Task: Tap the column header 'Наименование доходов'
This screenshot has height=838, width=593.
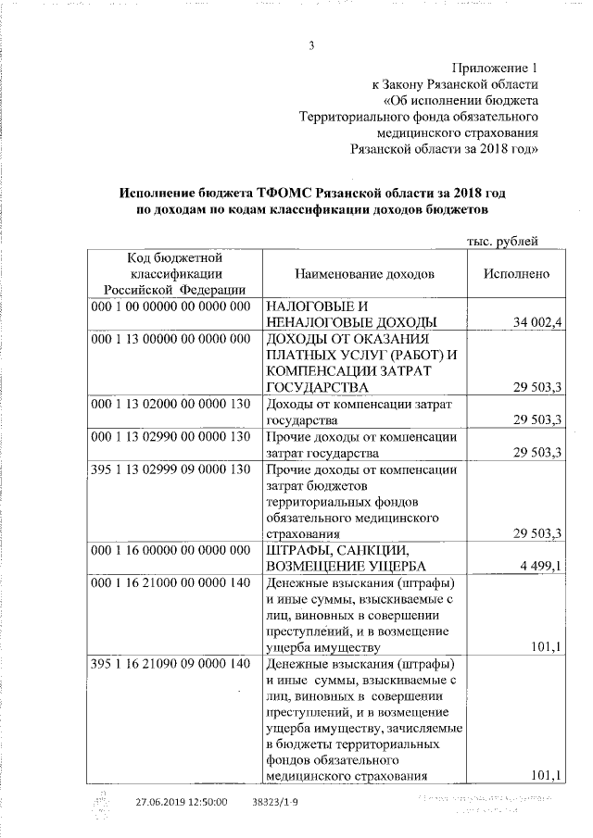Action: tap(364, 275)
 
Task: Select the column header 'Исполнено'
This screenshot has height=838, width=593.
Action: tap(516, 275)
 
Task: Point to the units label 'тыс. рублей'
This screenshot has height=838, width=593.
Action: tap(502, 242)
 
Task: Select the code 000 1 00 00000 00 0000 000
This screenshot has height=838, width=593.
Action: tap(171, 306)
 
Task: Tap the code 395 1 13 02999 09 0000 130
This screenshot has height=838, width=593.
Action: tap(171, 469)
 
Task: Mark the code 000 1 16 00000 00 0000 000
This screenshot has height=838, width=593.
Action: tap(171, 550)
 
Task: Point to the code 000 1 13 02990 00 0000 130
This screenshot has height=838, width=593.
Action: tap(171, 436)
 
